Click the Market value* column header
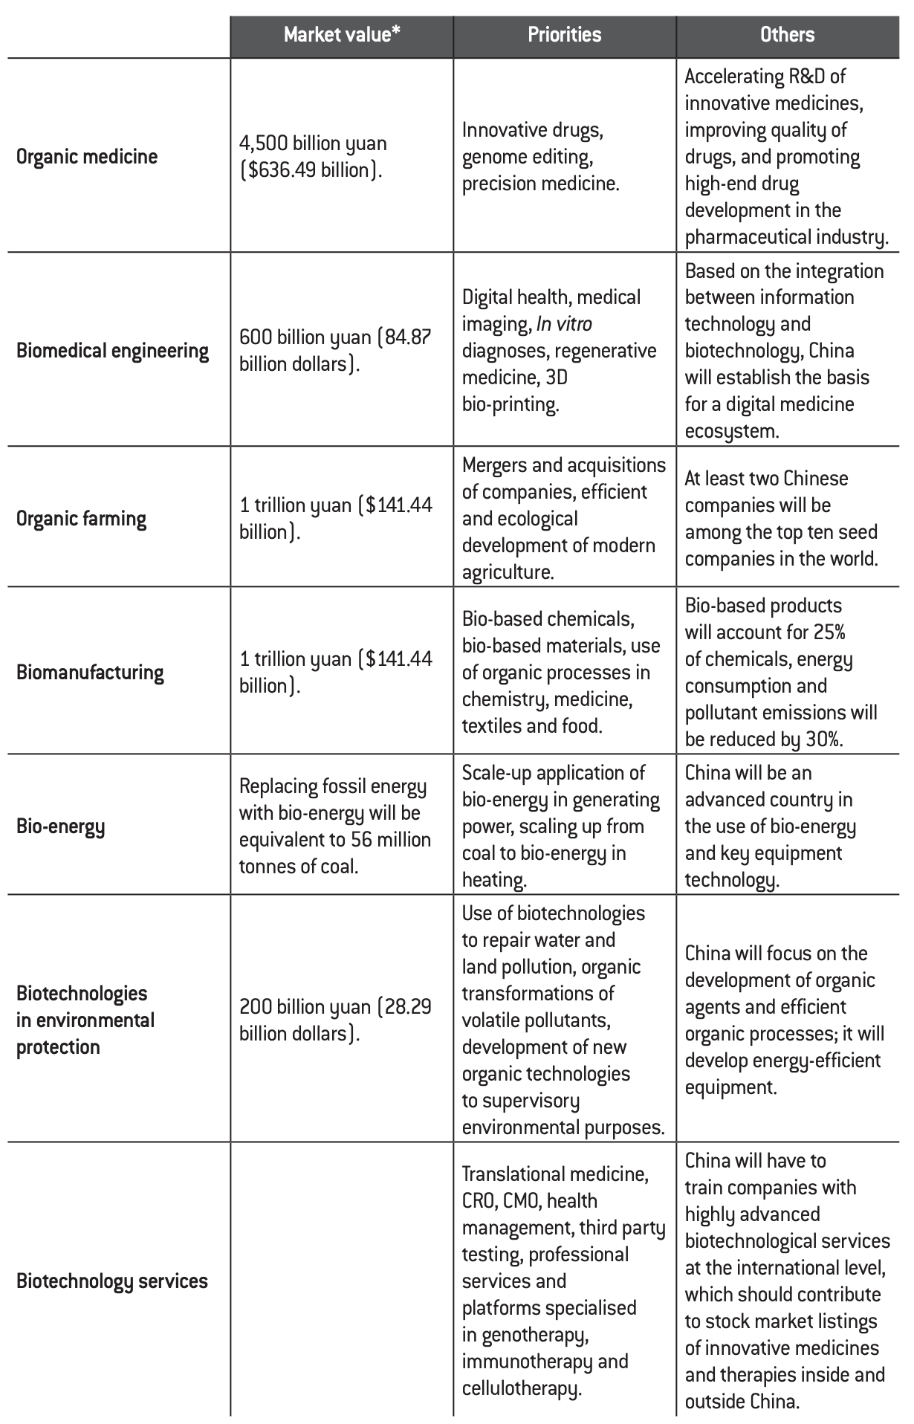342,35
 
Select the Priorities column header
565,35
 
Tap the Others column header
787,35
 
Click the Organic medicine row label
87,157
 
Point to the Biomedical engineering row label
112,351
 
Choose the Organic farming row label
81,518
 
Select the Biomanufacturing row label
90,673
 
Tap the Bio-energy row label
60,826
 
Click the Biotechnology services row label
111,1281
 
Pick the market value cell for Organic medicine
313,157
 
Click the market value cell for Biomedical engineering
334,351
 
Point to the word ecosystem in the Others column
731,431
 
